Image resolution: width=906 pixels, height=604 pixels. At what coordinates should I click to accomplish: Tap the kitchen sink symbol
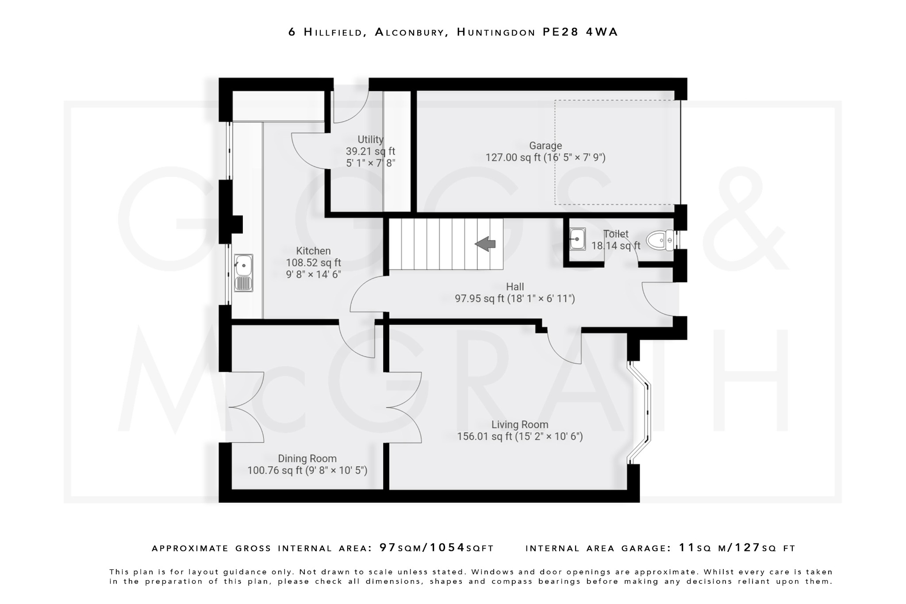pyautogui.click(x=243, y=273)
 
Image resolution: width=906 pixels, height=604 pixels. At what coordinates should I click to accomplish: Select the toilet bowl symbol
pyautogui.click(x=660, y=240)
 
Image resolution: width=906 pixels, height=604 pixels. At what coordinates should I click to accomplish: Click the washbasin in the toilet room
pyautogui.click(x=577, y=239)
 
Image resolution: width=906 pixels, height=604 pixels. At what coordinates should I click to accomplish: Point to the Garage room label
pyautogui.click(x=545, y=146)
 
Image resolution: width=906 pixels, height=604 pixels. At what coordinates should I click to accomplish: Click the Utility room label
pyautogui.click(x=370, y=140)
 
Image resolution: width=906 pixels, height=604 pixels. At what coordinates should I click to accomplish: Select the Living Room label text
pyautogui.click(x=520, y=425)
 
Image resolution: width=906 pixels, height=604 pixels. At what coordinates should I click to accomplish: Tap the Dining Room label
pyautogui.click(x=307, y=458)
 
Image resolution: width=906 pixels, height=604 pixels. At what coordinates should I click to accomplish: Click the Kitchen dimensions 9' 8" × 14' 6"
pyautogui.click(x=313, y=274)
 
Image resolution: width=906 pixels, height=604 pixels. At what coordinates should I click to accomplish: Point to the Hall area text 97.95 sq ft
pyautogui.click(x=480, y=299)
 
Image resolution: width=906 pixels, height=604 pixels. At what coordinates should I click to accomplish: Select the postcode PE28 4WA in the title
pyautogui.click(x=580, y=32)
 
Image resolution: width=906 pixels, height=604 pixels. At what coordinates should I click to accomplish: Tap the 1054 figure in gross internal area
pyautogui.click(x=447, y=548)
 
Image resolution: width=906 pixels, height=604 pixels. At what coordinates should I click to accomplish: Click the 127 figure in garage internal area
pyautogui.click(x=747, y=548)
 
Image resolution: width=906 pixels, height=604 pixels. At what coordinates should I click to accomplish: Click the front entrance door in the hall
pyautogui.click(x=659, y=299)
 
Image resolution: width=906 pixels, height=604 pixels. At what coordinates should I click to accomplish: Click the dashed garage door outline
pyautogui.click(x=618, y=152)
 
